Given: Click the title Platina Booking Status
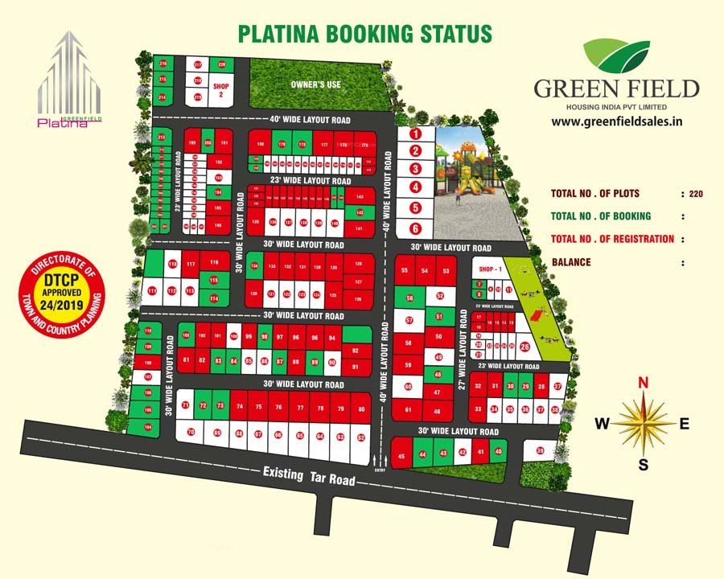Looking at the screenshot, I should click(x=364, y=33).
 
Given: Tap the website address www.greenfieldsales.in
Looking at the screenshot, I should click(x=617, y=122).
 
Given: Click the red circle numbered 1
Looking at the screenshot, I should click(x=415, y=133).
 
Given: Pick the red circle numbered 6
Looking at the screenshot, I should click(x=415, y=228).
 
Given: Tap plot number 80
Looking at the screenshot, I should click(x=362, y=409).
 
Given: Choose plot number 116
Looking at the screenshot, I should click(x=213, y=264).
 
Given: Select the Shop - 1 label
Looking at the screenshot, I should click(x=491, y=269).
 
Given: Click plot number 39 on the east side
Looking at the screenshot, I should click(x=540, y=450).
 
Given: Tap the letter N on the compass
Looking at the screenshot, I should click(x=643, y=383).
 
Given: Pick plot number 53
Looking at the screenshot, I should click(x=446, y=272).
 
